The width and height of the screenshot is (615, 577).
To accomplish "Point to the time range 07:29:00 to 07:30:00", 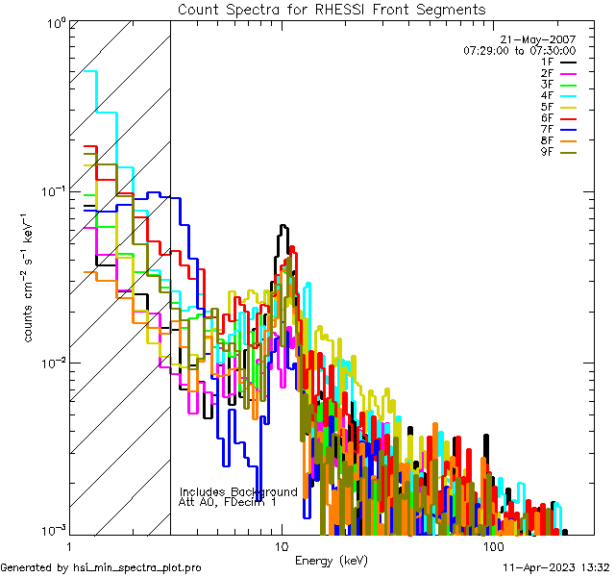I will coord(519,50).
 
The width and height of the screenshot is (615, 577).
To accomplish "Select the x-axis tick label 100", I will coord(492,546).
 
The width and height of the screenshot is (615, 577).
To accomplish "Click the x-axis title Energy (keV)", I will coord(331,560).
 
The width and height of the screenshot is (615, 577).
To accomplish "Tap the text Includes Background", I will coord(238,491).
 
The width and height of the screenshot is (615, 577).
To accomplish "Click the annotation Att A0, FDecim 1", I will coord(227,502).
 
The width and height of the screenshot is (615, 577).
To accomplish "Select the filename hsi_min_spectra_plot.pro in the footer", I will coord(137,567).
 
